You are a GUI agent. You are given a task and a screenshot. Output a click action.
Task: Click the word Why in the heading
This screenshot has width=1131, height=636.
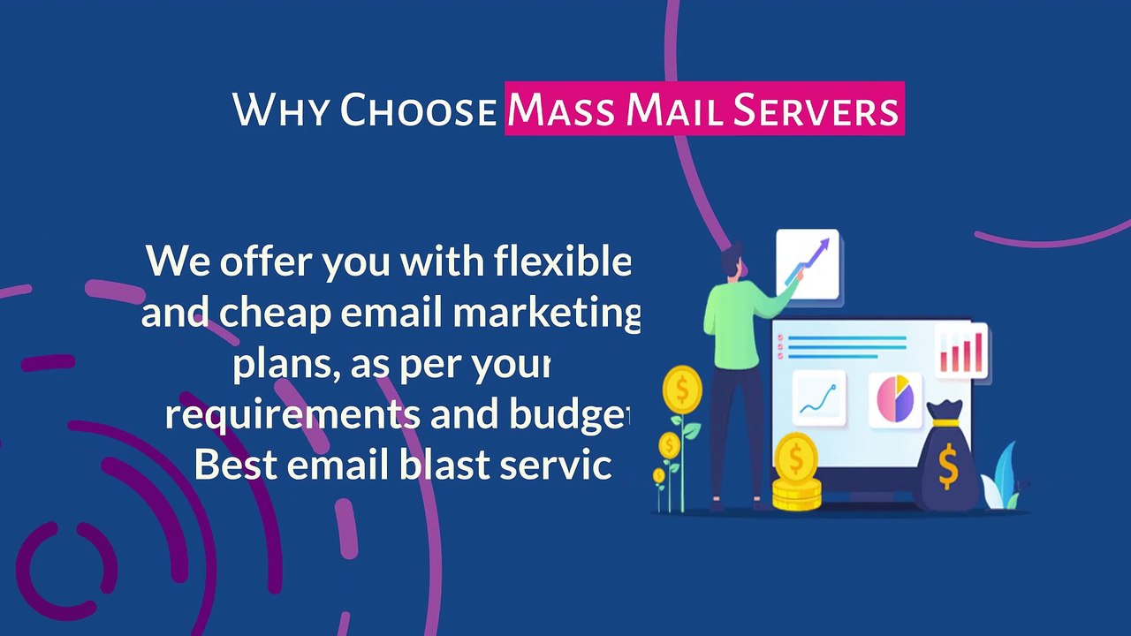click(x=281, y=112)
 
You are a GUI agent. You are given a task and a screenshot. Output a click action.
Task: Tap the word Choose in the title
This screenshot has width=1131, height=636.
click(x=418, y=112)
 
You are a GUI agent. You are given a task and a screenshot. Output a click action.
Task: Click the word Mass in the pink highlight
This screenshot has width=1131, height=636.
click(x=562, y=112)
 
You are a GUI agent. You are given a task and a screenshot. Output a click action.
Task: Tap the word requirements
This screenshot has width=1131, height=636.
click(x=292, y=414)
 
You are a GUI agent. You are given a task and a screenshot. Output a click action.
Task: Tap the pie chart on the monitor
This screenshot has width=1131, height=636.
click(x=894, y=398)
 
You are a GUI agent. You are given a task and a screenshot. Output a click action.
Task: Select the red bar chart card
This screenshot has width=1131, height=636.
click(x=961, y=351)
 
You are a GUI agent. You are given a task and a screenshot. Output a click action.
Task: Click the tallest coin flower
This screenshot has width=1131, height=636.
click(x=682, y=389)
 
